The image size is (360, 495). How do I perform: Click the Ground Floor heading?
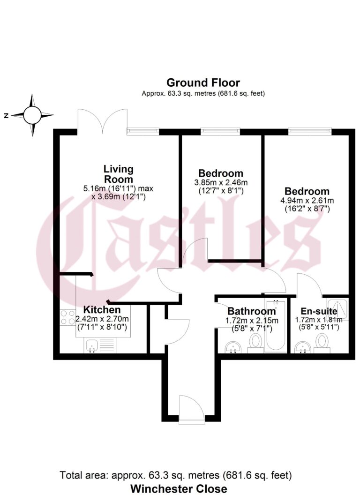click(203, 83)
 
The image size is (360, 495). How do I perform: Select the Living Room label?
click(119, 173)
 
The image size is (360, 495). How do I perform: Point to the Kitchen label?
click(102, 310)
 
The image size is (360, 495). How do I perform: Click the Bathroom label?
click(252, 311)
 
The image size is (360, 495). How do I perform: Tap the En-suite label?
click(319, 311)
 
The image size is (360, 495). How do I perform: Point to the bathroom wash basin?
click(232, 346)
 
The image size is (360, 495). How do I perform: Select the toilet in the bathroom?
click(255, 343)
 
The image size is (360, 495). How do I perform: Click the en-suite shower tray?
click(338, 307)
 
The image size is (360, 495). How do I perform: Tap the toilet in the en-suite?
click(322, 343)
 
